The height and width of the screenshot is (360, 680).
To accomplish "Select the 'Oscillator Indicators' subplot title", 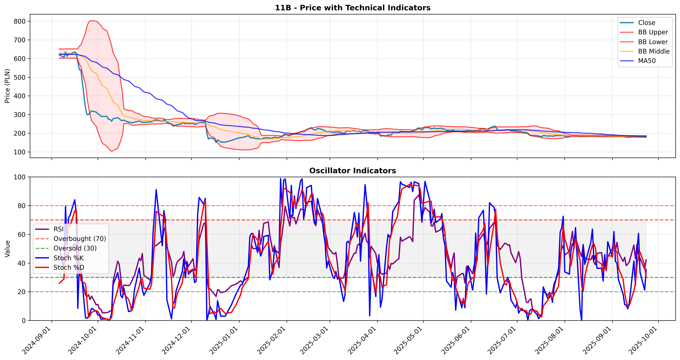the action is coord(353,171).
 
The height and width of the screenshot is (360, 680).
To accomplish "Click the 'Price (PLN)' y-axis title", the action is coord(7,86).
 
